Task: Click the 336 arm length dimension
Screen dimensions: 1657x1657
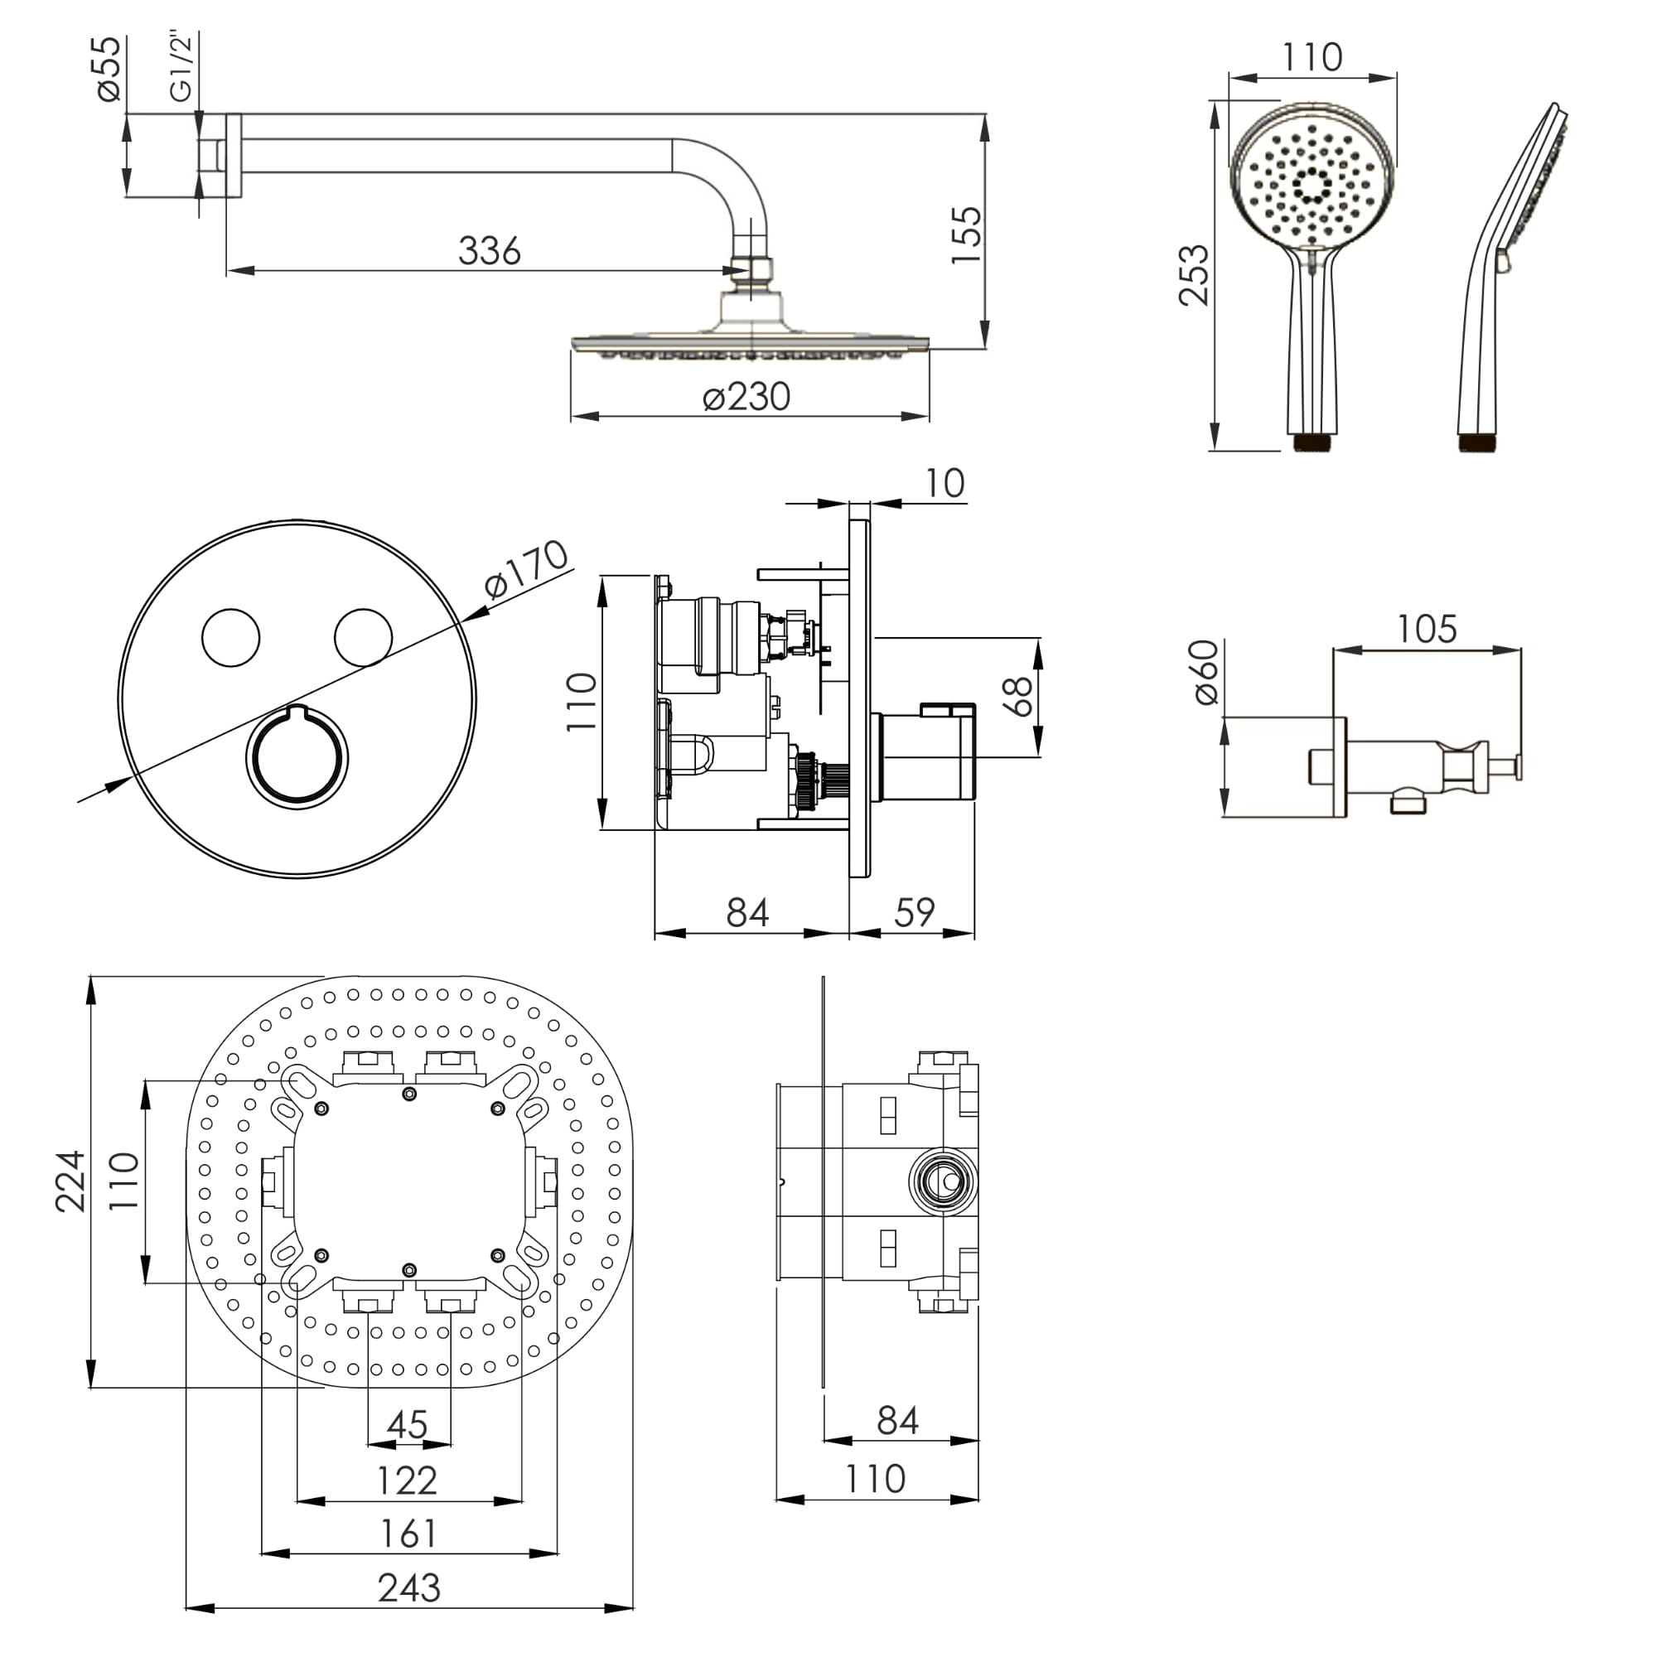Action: tap(489, 251)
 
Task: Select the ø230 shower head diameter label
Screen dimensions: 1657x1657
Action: tap(746, 397)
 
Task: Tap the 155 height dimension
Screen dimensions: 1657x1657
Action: tap(967, 235)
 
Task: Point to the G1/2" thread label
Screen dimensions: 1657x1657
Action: tap(181, 67)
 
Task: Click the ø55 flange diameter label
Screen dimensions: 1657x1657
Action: tap(109, 69)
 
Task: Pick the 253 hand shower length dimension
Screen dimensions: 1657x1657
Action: tap(1193, 275)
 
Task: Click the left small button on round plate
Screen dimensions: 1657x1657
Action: tap(230, 637)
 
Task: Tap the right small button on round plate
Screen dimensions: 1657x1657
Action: tap(363, 637)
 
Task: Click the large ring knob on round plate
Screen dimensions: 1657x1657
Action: tap(297, 756)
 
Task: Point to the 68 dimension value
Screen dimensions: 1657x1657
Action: tap(1018, 697)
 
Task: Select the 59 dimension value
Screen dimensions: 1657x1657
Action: tap(915, 912)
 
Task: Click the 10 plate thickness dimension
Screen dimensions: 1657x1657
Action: tap(944, 484)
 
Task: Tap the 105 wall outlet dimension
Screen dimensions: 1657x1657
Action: tap(1427, 630)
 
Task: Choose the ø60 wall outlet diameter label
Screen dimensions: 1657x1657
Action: tap(1205, 673)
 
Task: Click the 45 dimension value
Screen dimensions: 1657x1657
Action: tap(408, 1424)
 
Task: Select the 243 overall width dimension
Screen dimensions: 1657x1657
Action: tap(409, 1587)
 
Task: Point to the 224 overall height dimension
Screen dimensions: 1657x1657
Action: tap(71, 1181)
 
